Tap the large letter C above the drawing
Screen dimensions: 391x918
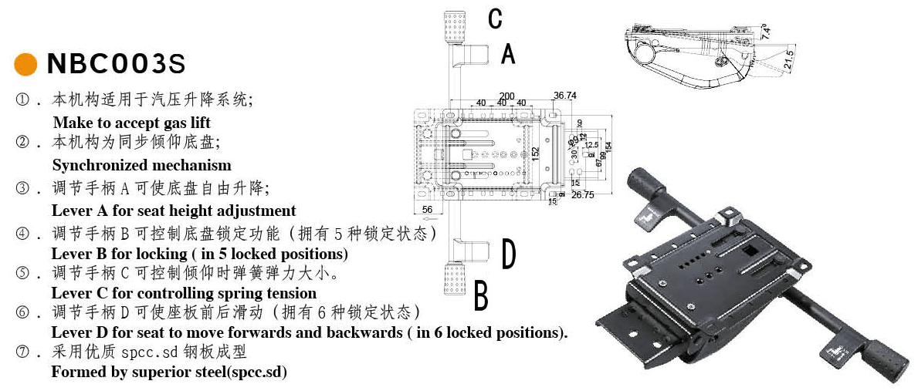click(496, 19)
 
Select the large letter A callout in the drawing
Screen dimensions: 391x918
click(507, 54)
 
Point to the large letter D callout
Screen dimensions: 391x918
click(508, 255)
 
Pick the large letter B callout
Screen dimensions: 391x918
click(481, 296)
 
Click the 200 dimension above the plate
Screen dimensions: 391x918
click(506, 96)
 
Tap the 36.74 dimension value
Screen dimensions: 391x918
click(565, 96)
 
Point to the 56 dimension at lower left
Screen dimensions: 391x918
click(427, 209)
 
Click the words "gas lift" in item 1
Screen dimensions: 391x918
click(186, 123)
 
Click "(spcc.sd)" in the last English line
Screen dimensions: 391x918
click(252, 372)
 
